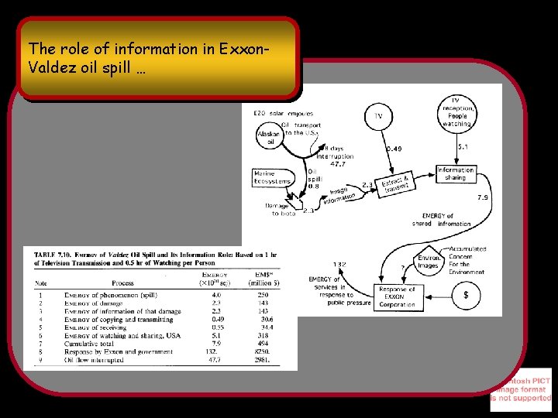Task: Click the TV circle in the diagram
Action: point(379,116)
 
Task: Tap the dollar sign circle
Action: point(465,295)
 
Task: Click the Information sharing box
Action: point(456,174)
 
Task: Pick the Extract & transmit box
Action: point(395,184)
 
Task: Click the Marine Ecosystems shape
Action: point(272,177)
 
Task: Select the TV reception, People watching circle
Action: point(457,112)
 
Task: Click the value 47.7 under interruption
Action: point(338,164)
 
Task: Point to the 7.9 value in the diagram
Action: point(482,197)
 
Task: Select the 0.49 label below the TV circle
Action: point(394,149)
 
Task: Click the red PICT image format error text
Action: point(521,389)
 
